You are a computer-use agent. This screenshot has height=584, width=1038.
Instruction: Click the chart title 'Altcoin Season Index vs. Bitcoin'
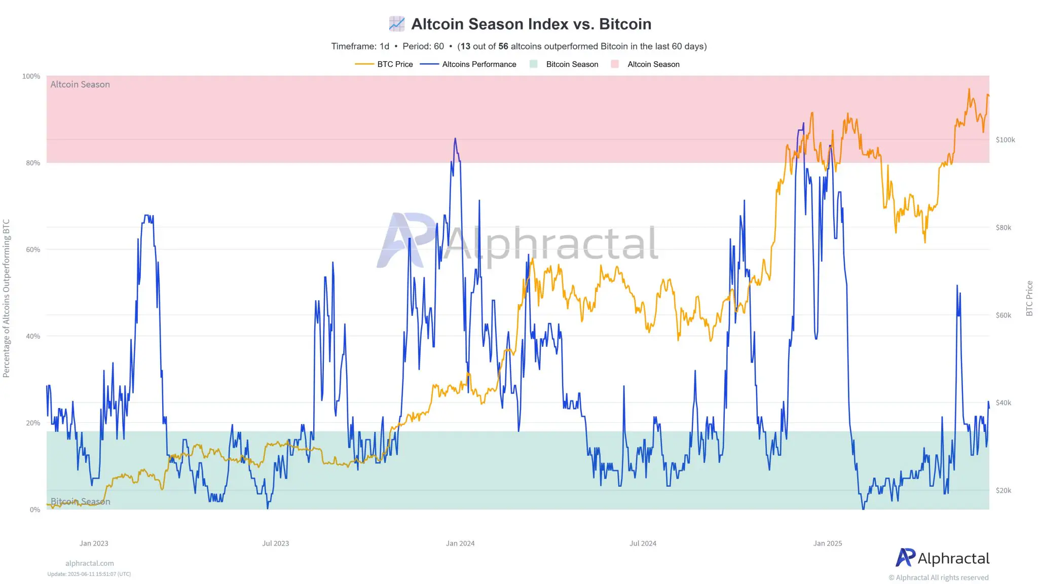click(x=531, y=24)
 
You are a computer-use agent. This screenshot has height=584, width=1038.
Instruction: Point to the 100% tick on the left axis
click(x=31, y=76)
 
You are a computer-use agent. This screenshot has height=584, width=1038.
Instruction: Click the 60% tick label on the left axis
click(x=33, y=249)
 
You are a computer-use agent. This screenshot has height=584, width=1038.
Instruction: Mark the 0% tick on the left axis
click(x=35, y=509)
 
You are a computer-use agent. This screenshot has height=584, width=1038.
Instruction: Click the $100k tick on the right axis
click(x=1005, y=140)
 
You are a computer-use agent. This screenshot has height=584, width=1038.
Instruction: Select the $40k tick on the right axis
click(x=1003, y=403)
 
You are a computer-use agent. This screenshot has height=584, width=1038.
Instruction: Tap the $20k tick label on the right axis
click(x=1003, y=490)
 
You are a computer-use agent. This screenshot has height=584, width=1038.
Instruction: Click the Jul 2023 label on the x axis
click(x=275, y=543)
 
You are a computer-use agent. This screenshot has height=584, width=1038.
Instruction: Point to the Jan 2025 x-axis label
click(x=827, y=543)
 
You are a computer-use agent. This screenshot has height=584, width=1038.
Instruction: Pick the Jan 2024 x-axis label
click(x=460, y=543)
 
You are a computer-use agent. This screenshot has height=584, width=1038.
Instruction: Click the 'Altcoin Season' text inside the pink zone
click(x=80, y=85)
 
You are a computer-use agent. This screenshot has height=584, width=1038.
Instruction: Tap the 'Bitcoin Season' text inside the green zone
click(x=80, y=501)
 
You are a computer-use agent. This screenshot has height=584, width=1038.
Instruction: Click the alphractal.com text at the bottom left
click(x=89, y=563)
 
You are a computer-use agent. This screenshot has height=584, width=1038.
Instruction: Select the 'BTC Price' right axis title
click(x=1029, y=299)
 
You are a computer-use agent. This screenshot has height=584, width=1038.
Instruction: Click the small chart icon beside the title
click(x=397, y=24)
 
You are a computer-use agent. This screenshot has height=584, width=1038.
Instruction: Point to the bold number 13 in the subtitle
click(x=465, y=47)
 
